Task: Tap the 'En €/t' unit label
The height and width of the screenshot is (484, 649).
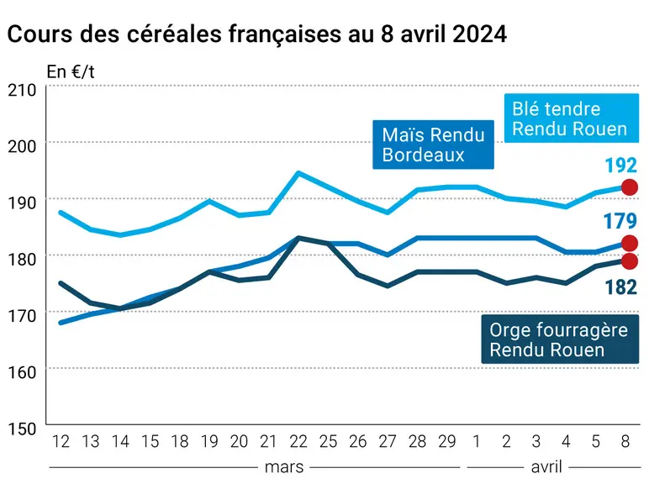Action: click(x=71, y=72)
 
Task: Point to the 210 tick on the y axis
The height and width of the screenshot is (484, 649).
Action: click(x=22, y=90)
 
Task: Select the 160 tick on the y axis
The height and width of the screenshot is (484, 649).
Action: click(x=22, y=372)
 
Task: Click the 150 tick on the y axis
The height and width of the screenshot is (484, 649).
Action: click(x=22, y=429)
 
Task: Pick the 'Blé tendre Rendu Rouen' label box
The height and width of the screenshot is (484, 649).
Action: click(x=571, y=118)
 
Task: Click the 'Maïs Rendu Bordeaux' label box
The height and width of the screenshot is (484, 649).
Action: click(x=433, y=145)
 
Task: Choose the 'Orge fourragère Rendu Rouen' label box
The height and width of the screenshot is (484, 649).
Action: click(x=560, y=339)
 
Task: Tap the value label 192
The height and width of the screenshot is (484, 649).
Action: click(x=621, y=166)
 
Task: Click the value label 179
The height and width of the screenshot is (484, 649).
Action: click(x=620, y=221)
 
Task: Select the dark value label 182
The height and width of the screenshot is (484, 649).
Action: click(x=621, y=287)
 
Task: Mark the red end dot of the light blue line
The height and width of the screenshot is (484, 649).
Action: click(x=630, y=187)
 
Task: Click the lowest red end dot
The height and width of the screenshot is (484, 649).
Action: click(x=630, y=261)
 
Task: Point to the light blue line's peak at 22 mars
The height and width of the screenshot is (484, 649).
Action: click(x=298, y=173)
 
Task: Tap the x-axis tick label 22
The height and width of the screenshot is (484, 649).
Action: click(x=298, y=442)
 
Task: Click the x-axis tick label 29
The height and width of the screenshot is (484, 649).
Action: click(x=447, y=442)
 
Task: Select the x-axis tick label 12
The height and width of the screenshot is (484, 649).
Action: click(x=61, y=442)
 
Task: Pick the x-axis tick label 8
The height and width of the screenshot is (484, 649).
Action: click(x=625, y=442)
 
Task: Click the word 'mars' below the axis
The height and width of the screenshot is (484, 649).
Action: click(x=284, y=467)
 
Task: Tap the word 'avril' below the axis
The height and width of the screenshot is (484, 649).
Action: click(x=546, y=467)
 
